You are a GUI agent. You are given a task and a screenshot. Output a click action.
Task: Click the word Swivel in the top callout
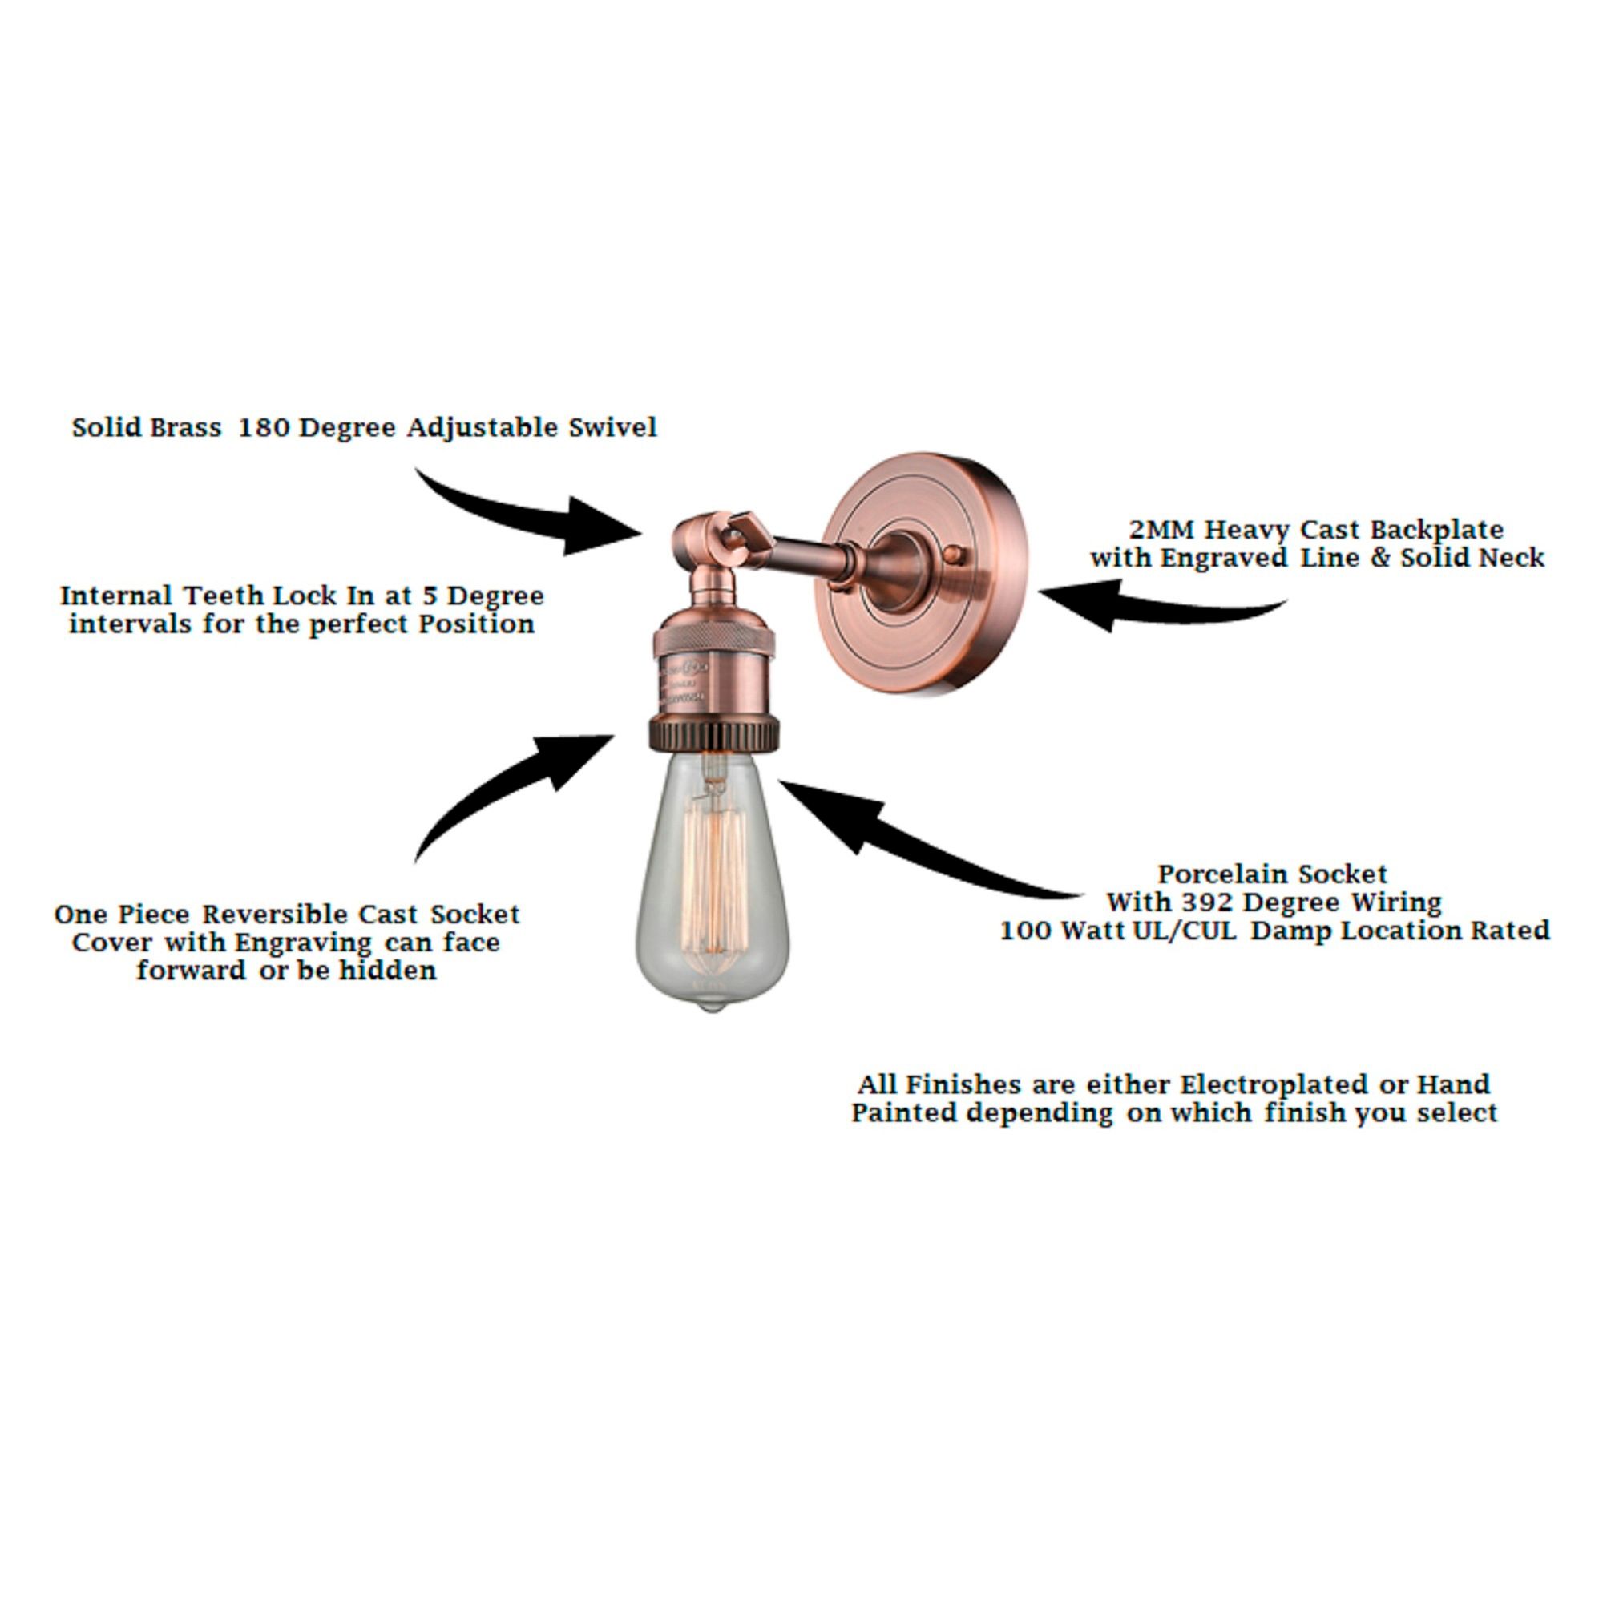tap(612, 427)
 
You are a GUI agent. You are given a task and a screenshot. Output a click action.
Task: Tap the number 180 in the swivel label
tap(264, 427)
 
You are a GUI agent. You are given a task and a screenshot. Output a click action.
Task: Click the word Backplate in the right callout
tap(1436, 529)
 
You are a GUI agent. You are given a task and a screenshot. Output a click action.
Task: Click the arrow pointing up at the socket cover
tap(515, 788)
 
